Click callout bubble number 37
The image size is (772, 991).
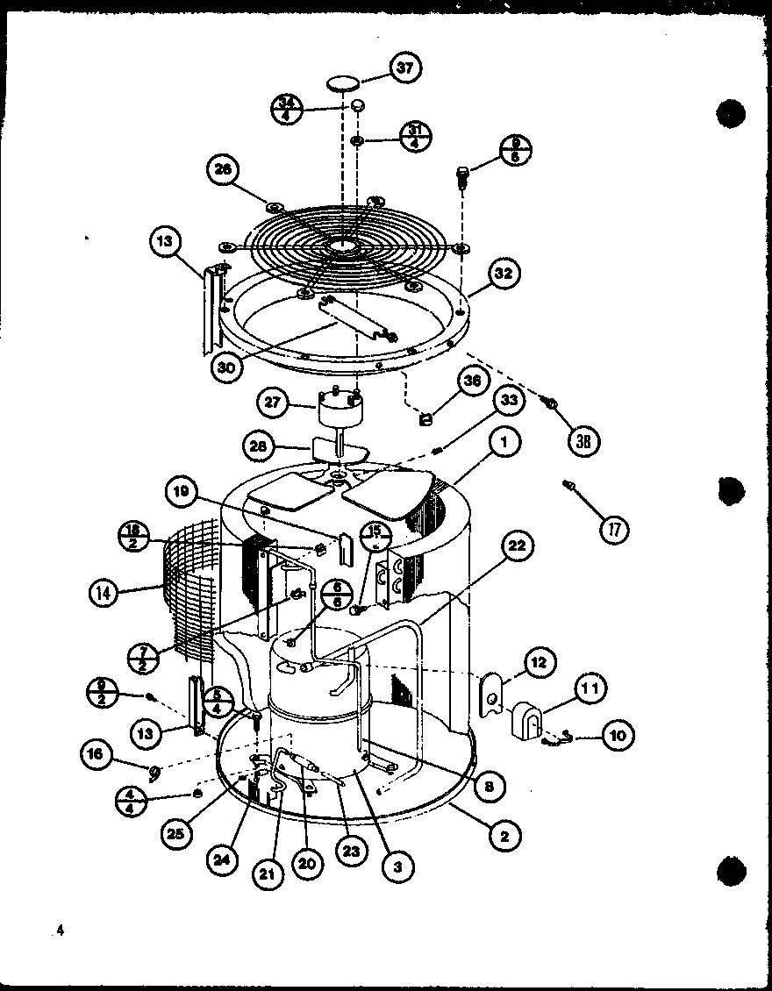click(405, 69)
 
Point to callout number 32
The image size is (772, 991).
click(502, 274)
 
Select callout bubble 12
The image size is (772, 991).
click(538, 662)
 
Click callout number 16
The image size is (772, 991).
click(96, 753)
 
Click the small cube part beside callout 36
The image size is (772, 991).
click(428, 420)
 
